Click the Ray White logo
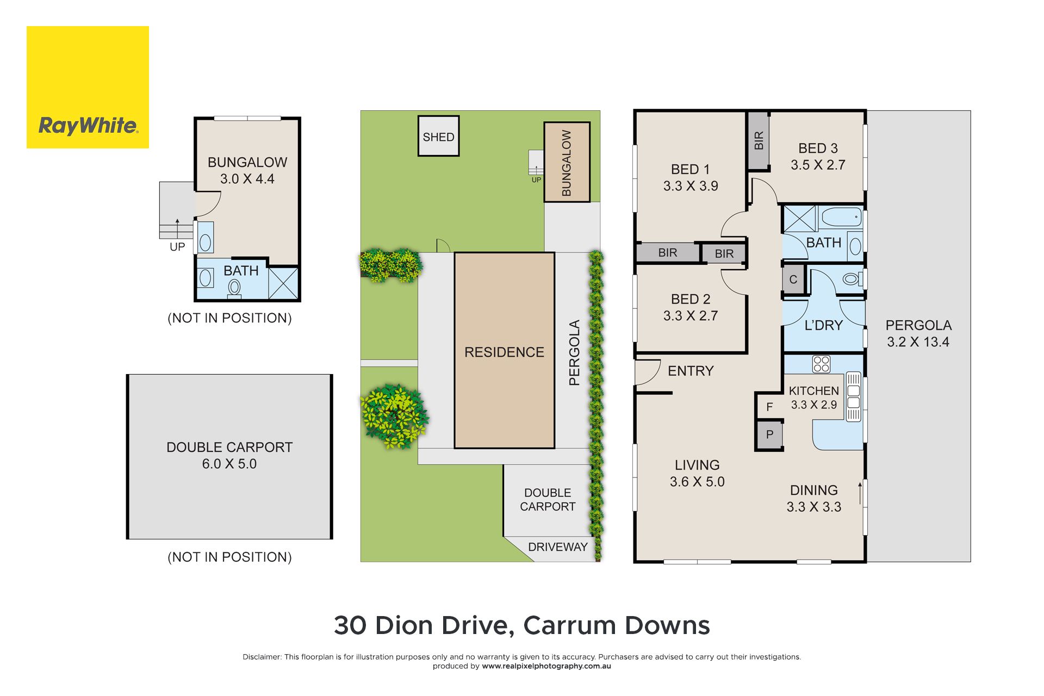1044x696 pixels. [88, 87]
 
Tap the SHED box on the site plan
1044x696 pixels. [438, 136]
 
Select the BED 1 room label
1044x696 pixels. [690, 170]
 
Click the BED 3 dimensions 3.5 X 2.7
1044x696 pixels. [818, 165]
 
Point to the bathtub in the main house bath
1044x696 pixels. [841, 217]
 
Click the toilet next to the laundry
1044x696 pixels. [852, 279]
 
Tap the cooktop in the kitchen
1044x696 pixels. [821, 364]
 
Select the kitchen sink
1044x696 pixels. [853, 396]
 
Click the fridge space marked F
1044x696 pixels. [769, 407]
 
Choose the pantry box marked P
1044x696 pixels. [769, 434]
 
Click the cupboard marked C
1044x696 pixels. [793, 279]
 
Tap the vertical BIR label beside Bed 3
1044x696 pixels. [759, 140]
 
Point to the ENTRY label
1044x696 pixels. [691, 371]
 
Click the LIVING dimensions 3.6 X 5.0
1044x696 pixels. [697, 482]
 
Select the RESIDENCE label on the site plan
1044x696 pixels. [504, 352]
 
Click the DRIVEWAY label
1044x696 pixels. [558, 547]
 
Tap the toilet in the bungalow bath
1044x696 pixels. [234, 288]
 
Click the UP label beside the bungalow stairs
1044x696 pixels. [177, 247]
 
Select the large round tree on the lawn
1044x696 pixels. [394, 416]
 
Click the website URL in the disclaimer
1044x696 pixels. [546, 666]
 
